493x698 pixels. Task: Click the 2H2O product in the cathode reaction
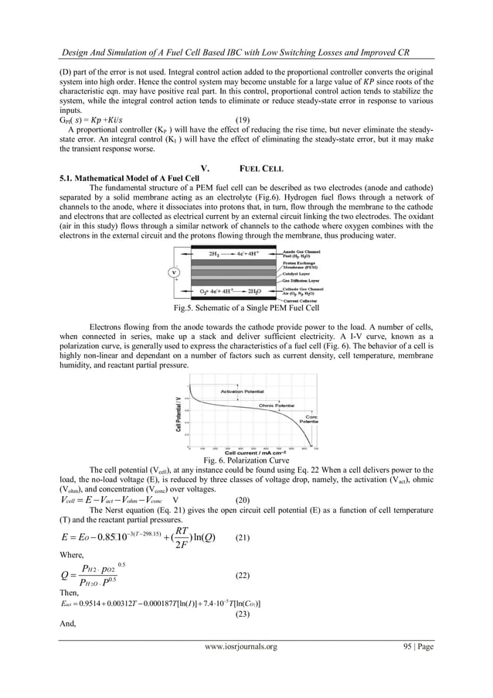258,292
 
